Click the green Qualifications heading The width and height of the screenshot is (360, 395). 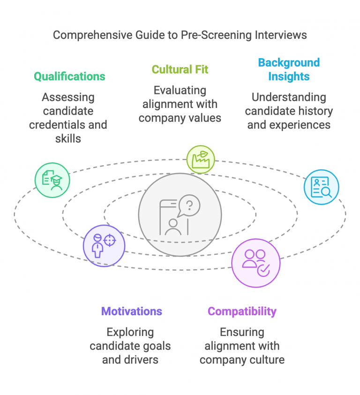pos(69,76)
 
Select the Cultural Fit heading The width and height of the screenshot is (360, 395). pos(180,69)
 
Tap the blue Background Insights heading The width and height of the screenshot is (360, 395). pos(289,69)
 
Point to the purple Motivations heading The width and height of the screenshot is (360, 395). pos(132,311)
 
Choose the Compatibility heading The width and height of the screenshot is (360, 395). pos(242,311)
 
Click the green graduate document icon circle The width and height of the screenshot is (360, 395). pos(52,180)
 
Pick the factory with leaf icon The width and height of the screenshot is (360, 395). pos(201,159)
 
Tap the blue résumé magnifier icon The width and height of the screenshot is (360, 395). pos(321,187)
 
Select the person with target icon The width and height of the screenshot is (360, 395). pos(104,245)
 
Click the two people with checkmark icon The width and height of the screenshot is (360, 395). pos(255,263)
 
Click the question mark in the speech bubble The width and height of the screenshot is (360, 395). pos(189,205)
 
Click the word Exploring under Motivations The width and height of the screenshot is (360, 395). pos(130,332)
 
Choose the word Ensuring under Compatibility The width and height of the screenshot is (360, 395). pos(242,332)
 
